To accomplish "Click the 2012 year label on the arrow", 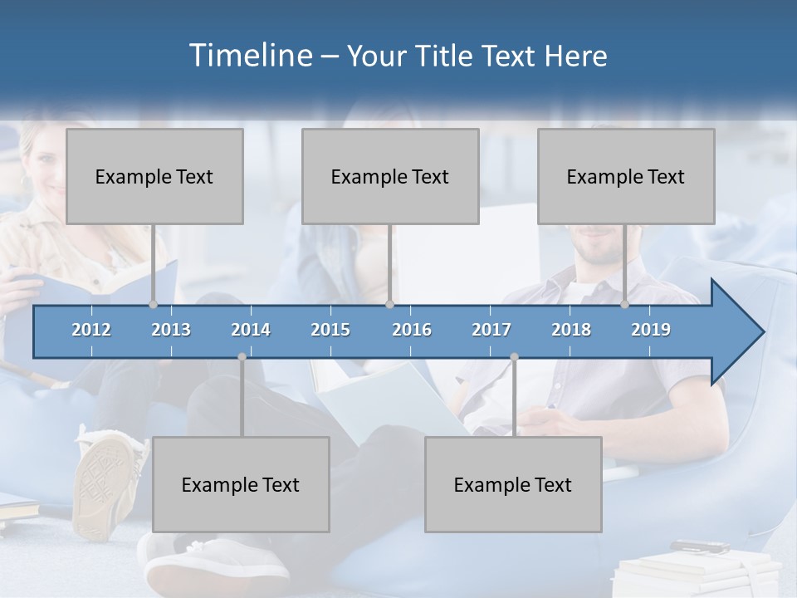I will pos(91,330).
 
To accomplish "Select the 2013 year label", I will pos(171,330).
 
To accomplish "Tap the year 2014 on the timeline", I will pos(251,330).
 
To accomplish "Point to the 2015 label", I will pos(330,330).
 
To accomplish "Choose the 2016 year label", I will pos(412,330).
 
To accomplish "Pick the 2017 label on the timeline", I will pos(491,330).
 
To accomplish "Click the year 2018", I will pos(571,330).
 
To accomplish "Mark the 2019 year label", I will pos(651,330).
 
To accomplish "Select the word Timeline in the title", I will pos(249,56).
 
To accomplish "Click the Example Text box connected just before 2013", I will pos(154,176).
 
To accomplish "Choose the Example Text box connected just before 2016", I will pos(390,176).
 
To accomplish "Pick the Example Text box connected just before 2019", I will pos(626,176).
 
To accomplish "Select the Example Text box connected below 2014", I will pos(241,484).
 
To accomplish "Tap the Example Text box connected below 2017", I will pos(513,484).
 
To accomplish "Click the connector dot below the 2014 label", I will pos(242,357).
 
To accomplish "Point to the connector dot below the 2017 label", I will pos(514,357).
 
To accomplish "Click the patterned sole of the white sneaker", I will pos(106,478).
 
